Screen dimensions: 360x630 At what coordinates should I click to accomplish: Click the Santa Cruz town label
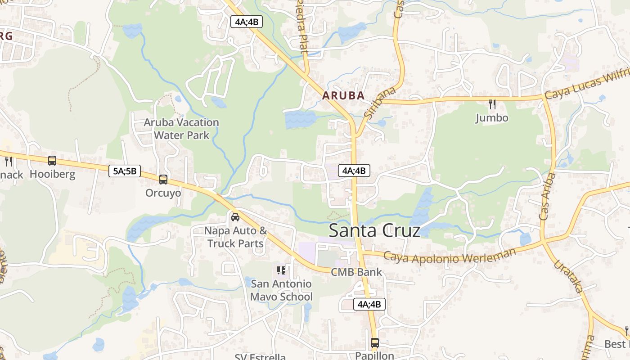tap(374, 230)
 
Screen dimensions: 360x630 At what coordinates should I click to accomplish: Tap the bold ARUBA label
tap(343, 96)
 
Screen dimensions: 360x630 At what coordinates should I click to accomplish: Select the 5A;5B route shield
tap(125, 171)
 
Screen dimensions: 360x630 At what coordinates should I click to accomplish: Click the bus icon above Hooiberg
tap(52, 161)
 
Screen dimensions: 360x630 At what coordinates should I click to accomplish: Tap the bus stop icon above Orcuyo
tap(163, 180)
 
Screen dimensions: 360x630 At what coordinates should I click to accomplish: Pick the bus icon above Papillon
tap(374, 343)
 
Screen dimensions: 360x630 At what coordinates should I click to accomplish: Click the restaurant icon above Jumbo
tap(492, 104)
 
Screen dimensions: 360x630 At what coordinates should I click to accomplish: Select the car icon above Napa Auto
tap(235, 217)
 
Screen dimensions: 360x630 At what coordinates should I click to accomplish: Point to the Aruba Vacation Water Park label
tap(181, 129)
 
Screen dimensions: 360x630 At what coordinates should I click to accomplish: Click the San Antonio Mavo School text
tap(281, 290)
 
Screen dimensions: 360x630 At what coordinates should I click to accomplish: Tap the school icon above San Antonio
tap(281, 270)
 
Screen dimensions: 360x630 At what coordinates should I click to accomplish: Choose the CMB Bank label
tap(356, 272)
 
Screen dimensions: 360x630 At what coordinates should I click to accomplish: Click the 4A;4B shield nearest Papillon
tap(369, 304)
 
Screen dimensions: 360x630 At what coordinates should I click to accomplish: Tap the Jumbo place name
tap(492, 118)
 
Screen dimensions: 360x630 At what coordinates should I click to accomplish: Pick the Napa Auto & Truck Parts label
tap(235, 237)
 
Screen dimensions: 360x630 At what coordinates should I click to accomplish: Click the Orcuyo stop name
tap(163, 193)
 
